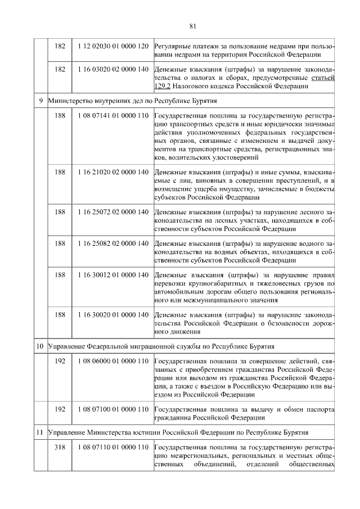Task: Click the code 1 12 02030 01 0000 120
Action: tap(114, 45)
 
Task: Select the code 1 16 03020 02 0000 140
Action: tap(114, 69)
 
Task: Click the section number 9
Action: tap(40, 101)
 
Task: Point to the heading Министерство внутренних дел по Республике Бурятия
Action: tap(133, 101)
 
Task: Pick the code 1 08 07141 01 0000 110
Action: tap(114, 116)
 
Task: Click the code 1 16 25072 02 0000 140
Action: tap(114, 211)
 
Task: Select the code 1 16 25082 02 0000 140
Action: tap(114, 243)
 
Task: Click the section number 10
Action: tap(40, 345)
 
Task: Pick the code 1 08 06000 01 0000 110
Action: tap(114, 360)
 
